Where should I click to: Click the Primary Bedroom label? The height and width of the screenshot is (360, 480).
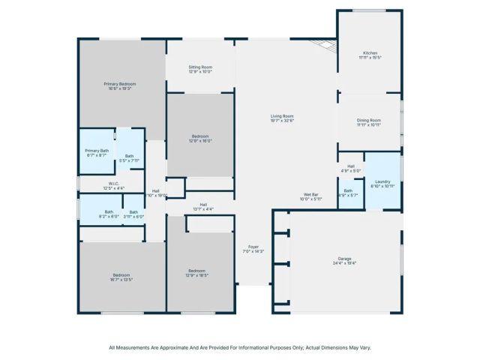point(119,83)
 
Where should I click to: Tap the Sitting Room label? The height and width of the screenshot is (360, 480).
point(199,67)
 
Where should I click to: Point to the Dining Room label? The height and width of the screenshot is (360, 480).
point(369,120)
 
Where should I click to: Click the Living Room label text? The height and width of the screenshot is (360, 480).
point(282,115)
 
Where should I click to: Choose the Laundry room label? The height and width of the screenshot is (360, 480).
point(382,181)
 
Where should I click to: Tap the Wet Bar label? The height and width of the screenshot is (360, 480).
point(310,194)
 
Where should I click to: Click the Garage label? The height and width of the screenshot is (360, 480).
point(344,259)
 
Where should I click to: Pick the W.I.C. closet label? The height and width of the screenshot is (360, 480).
point(114,183)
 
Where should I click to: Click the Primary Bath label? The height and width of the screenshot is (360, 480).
point(97,151)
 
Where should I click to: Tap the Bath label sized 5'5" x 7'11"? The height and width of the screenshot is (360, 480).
point(130,156)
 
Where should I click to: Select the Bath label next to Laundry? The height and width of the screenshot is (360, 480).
point(349,190)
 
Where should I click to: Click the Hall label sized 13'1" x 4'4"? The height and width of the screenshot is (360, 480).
point(203,204)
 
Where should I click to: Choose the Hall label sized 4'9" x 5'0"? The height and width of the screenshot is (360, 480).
point(350,166)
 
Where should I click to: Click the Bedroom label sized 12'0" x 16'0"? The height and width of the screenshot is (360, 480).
point(199,136)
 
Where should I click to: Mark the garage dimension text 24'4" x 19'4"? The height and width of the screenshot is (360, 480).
point(344,263)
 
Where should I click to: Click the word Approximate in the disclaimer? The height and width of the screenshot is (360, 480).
point(172,347)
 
